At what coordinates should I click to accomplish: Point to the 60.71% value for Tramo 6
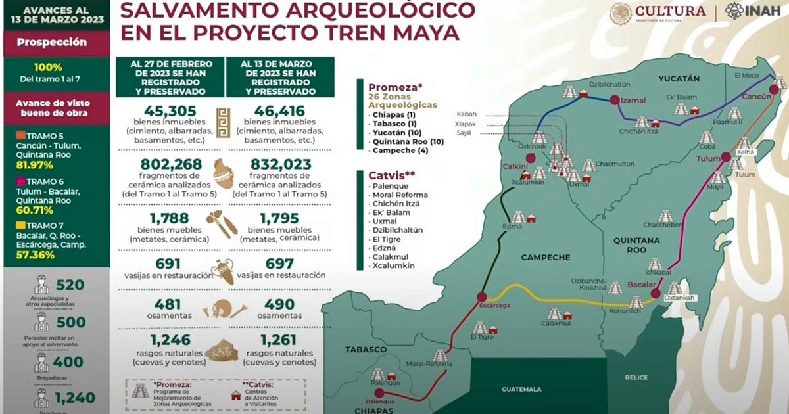[30, 212]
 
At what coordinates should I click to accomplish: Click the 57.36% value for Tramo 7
[30, 256]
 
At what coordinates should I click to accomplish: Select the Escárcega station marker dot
[482, 297]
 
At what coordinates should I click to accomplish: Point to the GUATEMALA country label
[521, 389]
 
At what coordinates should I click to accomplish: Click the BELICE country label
[636, 378]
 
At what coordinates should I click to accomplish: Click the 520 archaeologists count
[70, 285]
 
